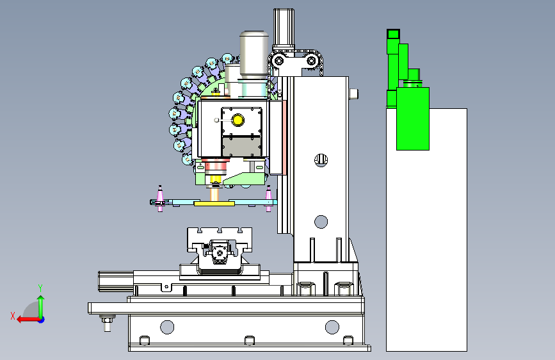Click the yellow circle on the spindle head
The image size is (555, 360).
[237, 120]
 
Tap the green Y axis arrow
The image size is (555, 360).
[41, 307]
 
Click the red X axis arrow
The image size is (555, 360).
[29, 320]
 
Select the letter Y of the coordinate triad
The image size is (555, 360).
[40, 288]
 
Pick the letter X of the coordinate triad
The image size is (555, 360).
[13, 316]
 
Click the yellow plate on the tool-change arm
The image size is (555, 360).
[214, 204]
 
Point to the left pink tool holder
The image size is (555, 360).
[160, 199]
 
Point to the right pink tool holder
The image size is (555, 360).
[268, 199]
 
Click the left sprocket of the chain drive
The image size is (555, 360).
[279, 61]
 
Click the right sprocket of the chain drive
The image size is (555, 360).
[311, 61]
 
